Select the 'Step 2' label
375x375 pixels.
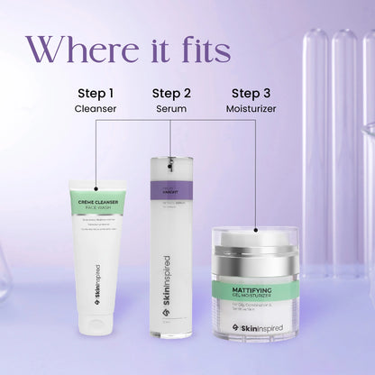click(171, 93)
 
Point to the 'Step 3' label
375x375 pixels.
click(252, 93)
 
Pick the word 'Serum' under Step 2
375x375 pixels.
click(171, 109)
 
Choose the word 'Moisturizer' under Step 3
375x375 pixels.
click(252, 109)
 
